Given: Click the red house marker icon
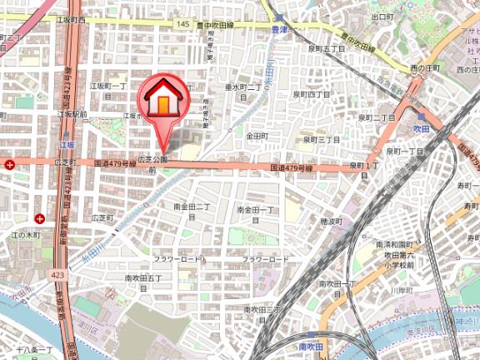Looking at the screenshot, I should [163, 101].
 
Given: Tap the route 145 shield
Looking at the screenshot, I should [182, 25].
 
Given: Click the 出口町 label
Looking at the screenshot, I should [382, 17].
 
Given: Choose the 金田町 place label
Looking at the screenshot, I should [256, 135].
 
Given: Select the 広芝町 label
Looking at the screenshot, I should [102, 217].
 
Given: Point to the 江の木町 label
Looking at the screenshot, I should [26, 236].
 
